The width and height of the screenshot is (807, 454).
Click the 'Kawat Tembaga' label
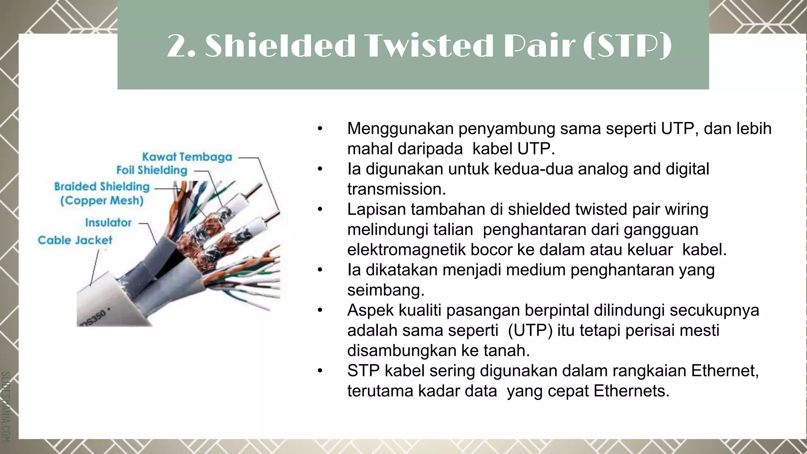point(187,157)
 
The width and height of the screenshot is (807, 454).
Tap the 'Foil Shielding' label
point(152,170)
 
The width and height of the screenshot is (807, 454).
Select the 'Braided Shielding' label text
point(102,186)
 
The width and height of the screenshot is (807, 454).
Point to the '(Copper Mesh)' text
point(102,201)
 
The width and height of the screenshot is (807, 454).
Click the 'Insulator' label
point(108,223)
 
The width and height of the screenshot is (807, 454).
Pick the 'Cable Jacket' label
point(75,240)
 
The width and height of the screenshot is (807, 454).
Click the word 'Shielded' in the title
point(280,47)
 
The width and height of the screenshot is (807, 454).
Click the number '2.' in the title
point(181,47)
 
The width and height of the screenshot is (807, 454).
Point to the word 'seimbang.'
point(386,290)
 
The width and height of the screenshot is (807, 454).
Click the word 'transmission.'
point(396,190)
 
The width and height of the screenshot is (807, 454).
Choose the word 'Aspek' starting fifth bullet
point(370,311)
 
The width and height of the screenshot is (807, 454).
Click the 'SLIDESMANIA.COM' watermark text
point(6,406)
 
